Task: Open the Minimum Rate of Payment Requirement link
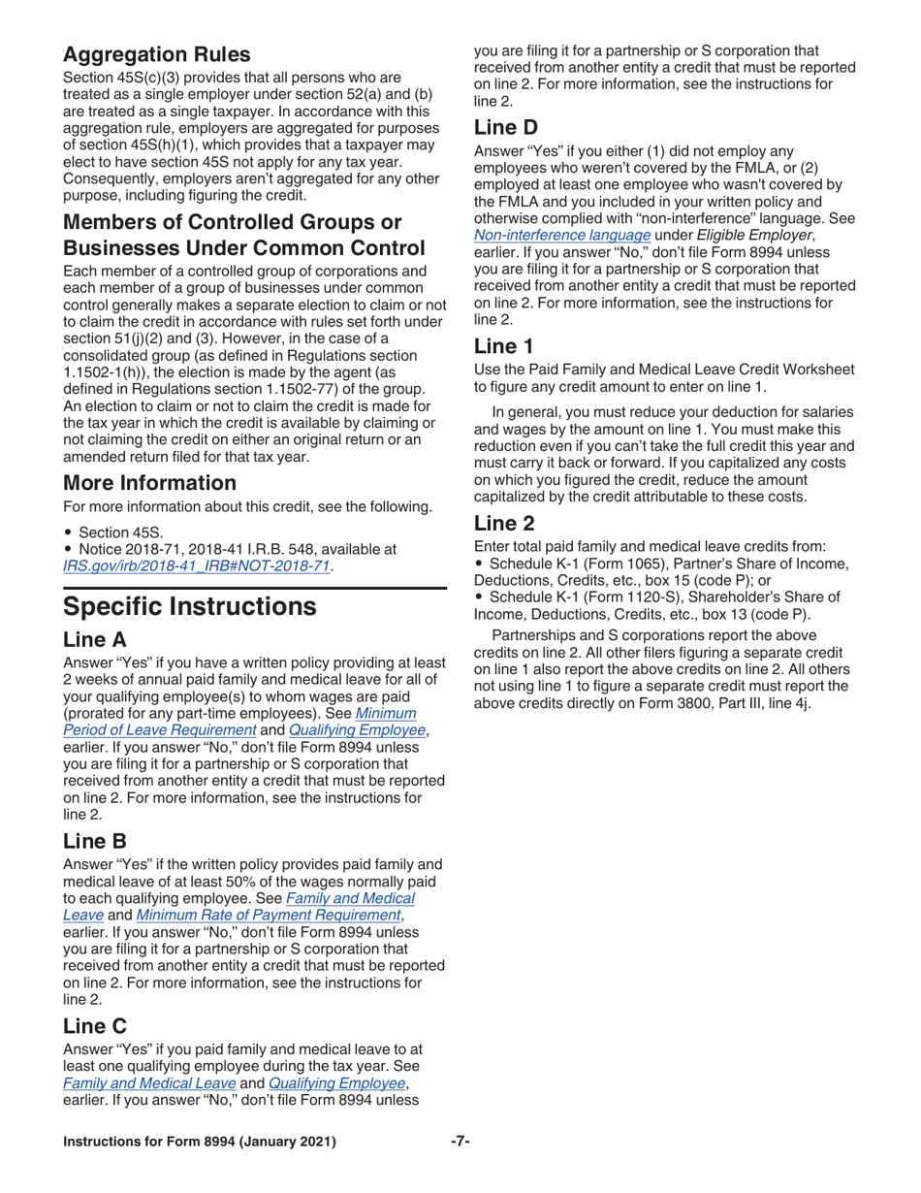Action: point(267,915)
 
